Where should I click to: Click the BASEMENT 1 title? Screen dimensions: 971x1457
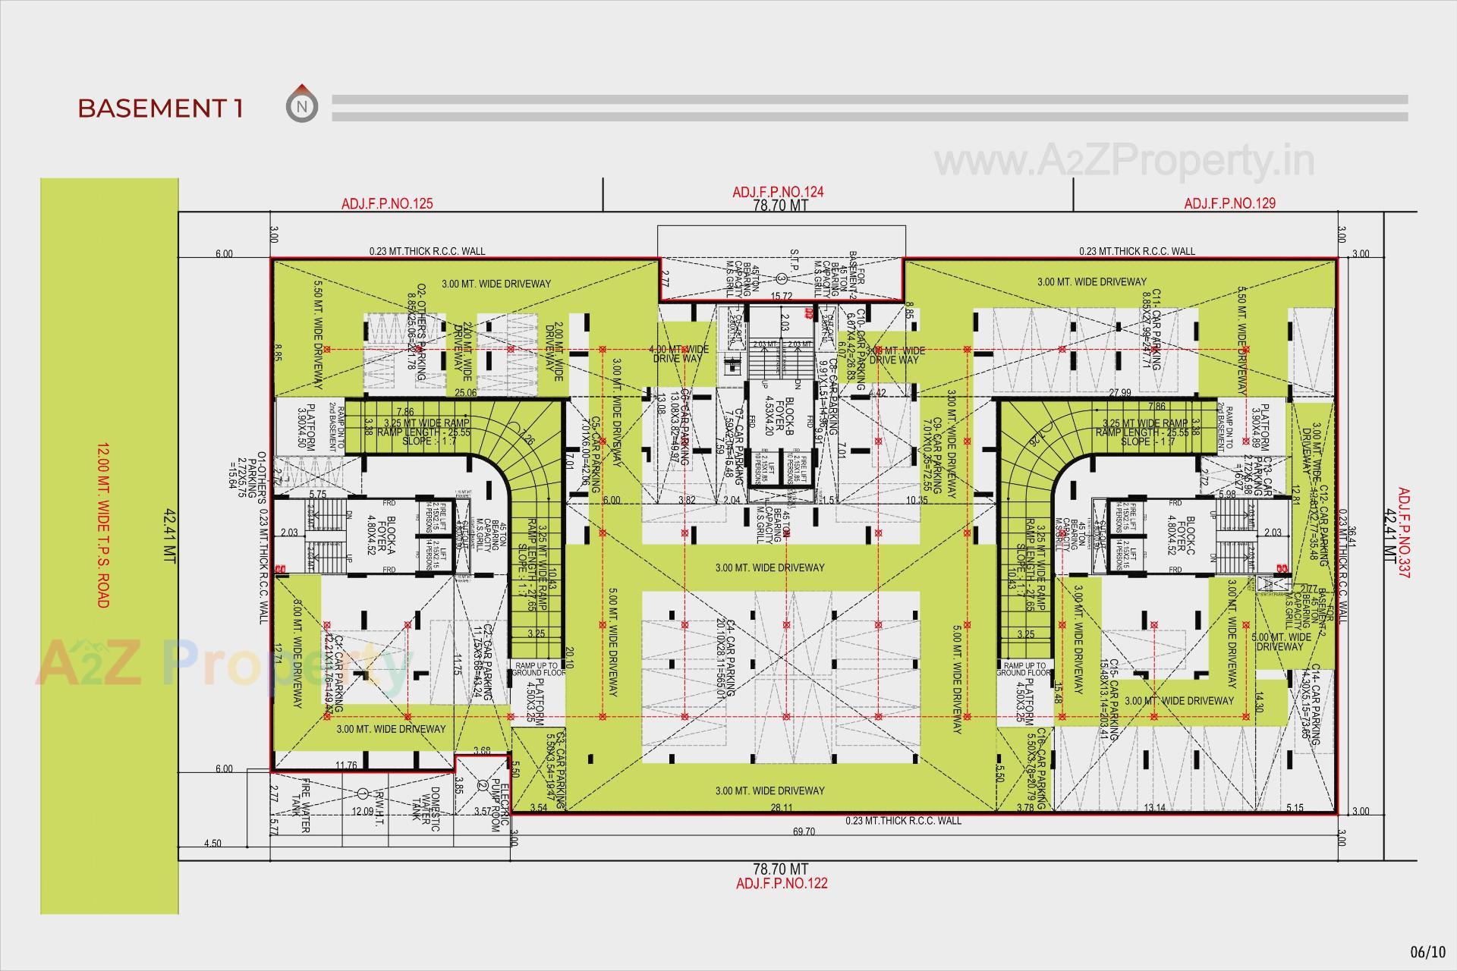[x=160, y=108]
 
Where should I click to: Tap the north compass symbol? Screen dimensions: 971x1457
[x=302, y=105]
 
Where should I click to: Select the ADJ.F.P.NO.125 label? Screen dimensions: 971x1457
[x=387, y=203]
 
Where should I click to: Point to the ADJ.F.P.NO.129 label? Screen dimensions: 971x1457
[x=1229, y=203]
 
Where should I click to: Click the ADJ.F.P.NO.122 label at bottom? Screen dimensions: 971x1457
[x=781, y=883]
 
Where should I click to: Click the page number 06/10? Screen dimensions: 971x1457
[x=1427, y=951]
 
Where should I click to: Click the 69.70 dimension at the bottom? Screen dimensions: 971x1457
[x=804, y=831]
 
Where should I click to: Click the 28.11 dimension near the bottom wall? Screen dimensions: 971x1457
[x=781, y=808]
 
